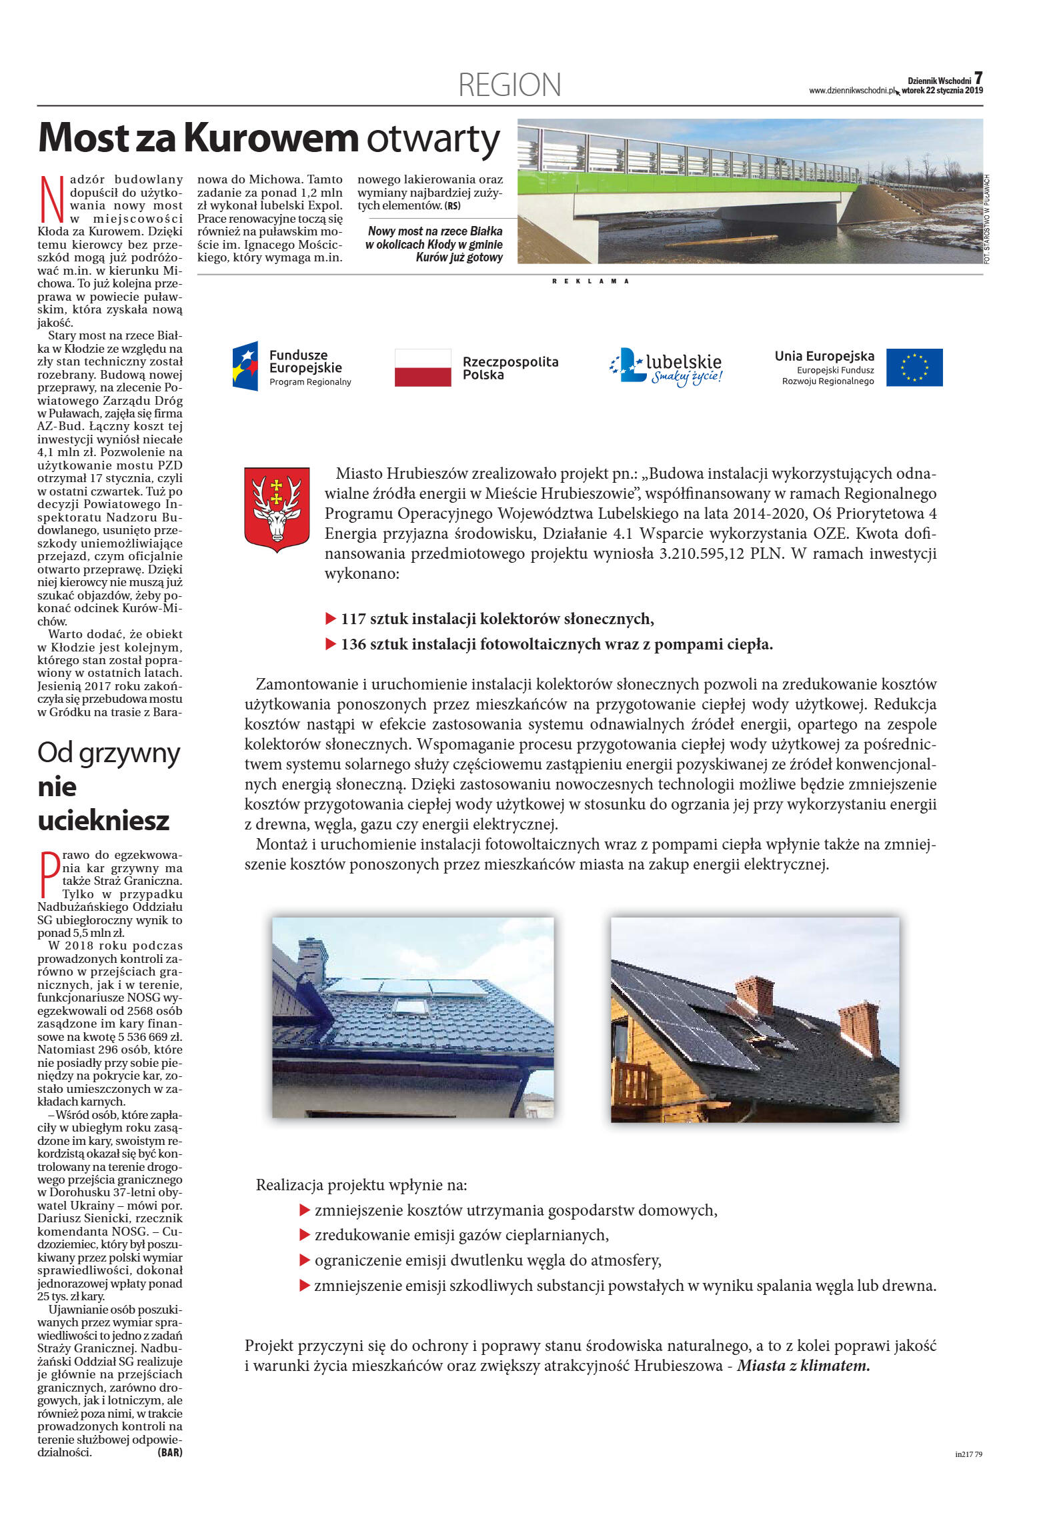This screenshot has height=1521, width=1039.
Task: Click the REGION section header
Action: click(509, 85)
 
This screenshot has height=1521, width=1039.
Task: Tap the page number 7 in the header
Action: click(978, 78)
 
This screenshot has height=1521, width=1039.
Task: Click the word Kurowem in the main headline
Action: click(271, 138)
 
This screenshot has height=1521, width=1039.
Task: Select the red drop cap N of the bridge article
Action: click(52, 199)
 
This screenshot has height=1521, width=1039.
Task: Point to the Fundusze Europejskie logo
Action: click(291, 367)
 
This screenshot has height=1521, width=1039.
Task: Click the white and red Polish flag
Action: click(423, 367)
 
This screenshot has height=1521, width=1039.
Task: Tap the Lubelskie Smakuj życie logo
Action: click(667, 367)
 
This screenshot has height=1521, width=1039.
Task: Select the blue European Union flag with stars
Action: click(914, 367)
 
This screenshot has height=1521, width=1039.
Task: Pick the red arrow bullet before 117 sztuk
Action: click(330, 619)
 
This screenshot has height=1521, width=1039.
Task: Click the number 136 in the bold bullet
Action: click(353, 644)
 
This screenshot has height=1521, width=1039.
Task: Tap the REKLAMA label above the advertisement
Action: click(590, 281)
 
